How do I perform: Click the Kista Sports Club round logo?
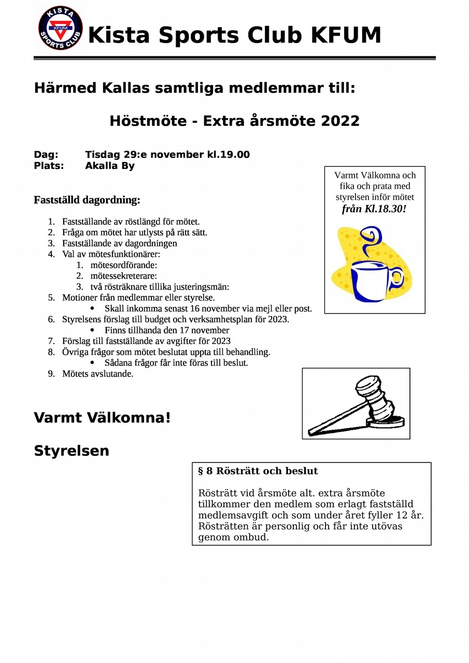(x=61, y=28)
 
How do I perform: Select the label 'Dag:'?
(x=46, y=154)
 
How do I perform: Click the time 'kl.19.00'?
(x=228, y=154)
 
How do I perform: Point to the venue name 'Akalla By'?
(x=109, y=166)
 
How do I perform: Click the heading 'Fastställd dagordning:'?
(x=87, y=200)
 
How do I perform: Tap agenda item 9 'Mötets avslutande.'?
(x=97, y=373)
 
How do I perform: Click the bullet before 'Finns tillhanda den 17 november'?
(x=92, y=330)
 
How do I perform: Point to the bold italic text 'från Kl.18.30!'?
(x=374, y=209)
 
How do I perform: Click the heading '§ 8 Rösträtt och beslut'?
(x=258, y=471)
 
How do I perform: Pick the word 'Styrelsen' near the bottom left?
(x=72, y=451)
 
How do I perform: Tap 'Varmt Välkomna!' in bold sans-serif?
(x=102, y=417)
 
